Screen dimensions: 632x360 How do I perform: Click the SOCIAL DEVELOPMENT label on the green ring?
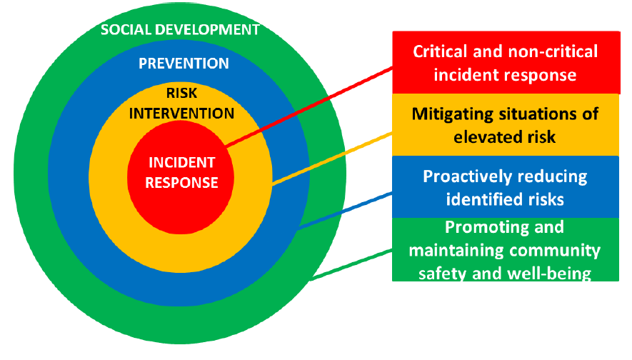pyautogui.click(x=180, y=30)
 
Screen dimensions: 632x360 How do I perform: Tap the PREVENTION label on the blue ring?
pyautogui.click(x=184, y=64)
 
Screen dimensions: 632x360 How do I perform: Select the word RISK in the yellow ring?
pyautogui.click(x=182, y=93)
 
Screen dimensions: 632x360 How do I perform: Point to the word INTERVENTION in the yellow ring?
pyautogui.click(x=182, y=114)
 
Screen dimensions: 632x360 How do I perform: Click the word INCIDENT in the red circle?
pyautogui.click(x=182, y=162)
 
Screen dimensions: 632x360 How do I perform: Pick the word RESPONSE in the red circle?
pyautogui.click(x=182, y=183)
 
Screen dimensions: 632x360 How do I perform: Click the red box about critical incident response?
pyautogui.click(x=506, y=62)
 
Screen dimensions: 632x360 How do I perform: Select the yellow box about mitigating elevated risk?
pyautogui.click(x=506, y=125)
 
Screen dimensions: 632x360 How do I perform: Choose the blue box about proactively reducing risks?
pyautogui.click(x=506, y=187)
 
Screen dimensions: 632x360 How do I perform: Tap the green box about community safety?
pyautogui.click(x=506, y=249)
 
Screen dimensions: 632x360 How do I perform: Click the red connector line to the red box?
pyautogui.click(x=309, y=107)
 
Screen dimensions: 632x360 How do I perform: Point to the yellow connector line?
pyautogui.click(x=332, y=159)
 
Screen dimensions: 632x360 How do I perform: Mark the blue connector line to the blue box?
pyautogui.click(x=345, y=211)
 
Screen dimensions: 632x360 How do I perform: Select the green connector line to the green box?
pyautogui.click(x=351, y=265)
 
